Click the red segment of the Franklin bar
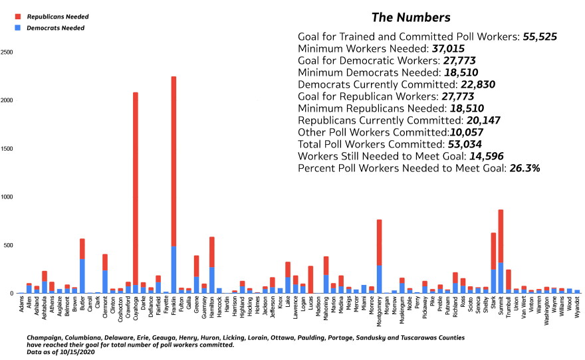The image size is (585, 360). [x=174, y=161]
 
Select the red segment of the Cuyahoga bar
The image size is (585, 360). [x=136, y=189]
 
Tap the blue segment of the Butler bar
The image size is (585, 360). [x=82, y=276]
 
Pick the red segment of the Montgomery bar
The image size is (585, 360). [x=379, y=242]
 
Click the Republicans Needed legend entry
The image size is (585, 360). [x=52, y=17]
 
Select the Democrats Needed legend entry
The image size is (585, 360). [x=50, y=28]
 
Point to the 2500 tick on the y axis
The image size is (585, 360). [x=7, y=52]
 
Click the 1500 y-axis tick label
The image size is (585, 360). [x=7, y=149]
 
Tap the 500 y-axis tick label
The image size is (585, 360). [x=9, y=245]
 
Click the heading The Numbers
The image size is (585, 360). [x=411, y=17]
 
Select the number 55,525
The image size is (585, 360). [x=540, y=37]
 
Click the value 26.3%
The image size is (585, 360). [x=525, y=168]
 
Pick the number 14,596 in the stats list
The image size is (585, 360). [x=487, y=156]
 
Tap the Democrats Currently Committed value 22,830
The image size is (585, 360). [x=478, y=84]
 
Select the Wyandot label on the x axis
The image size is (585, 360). [x=577, y=307]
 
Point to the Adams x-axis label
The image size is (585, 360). [x=21, y=304]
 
